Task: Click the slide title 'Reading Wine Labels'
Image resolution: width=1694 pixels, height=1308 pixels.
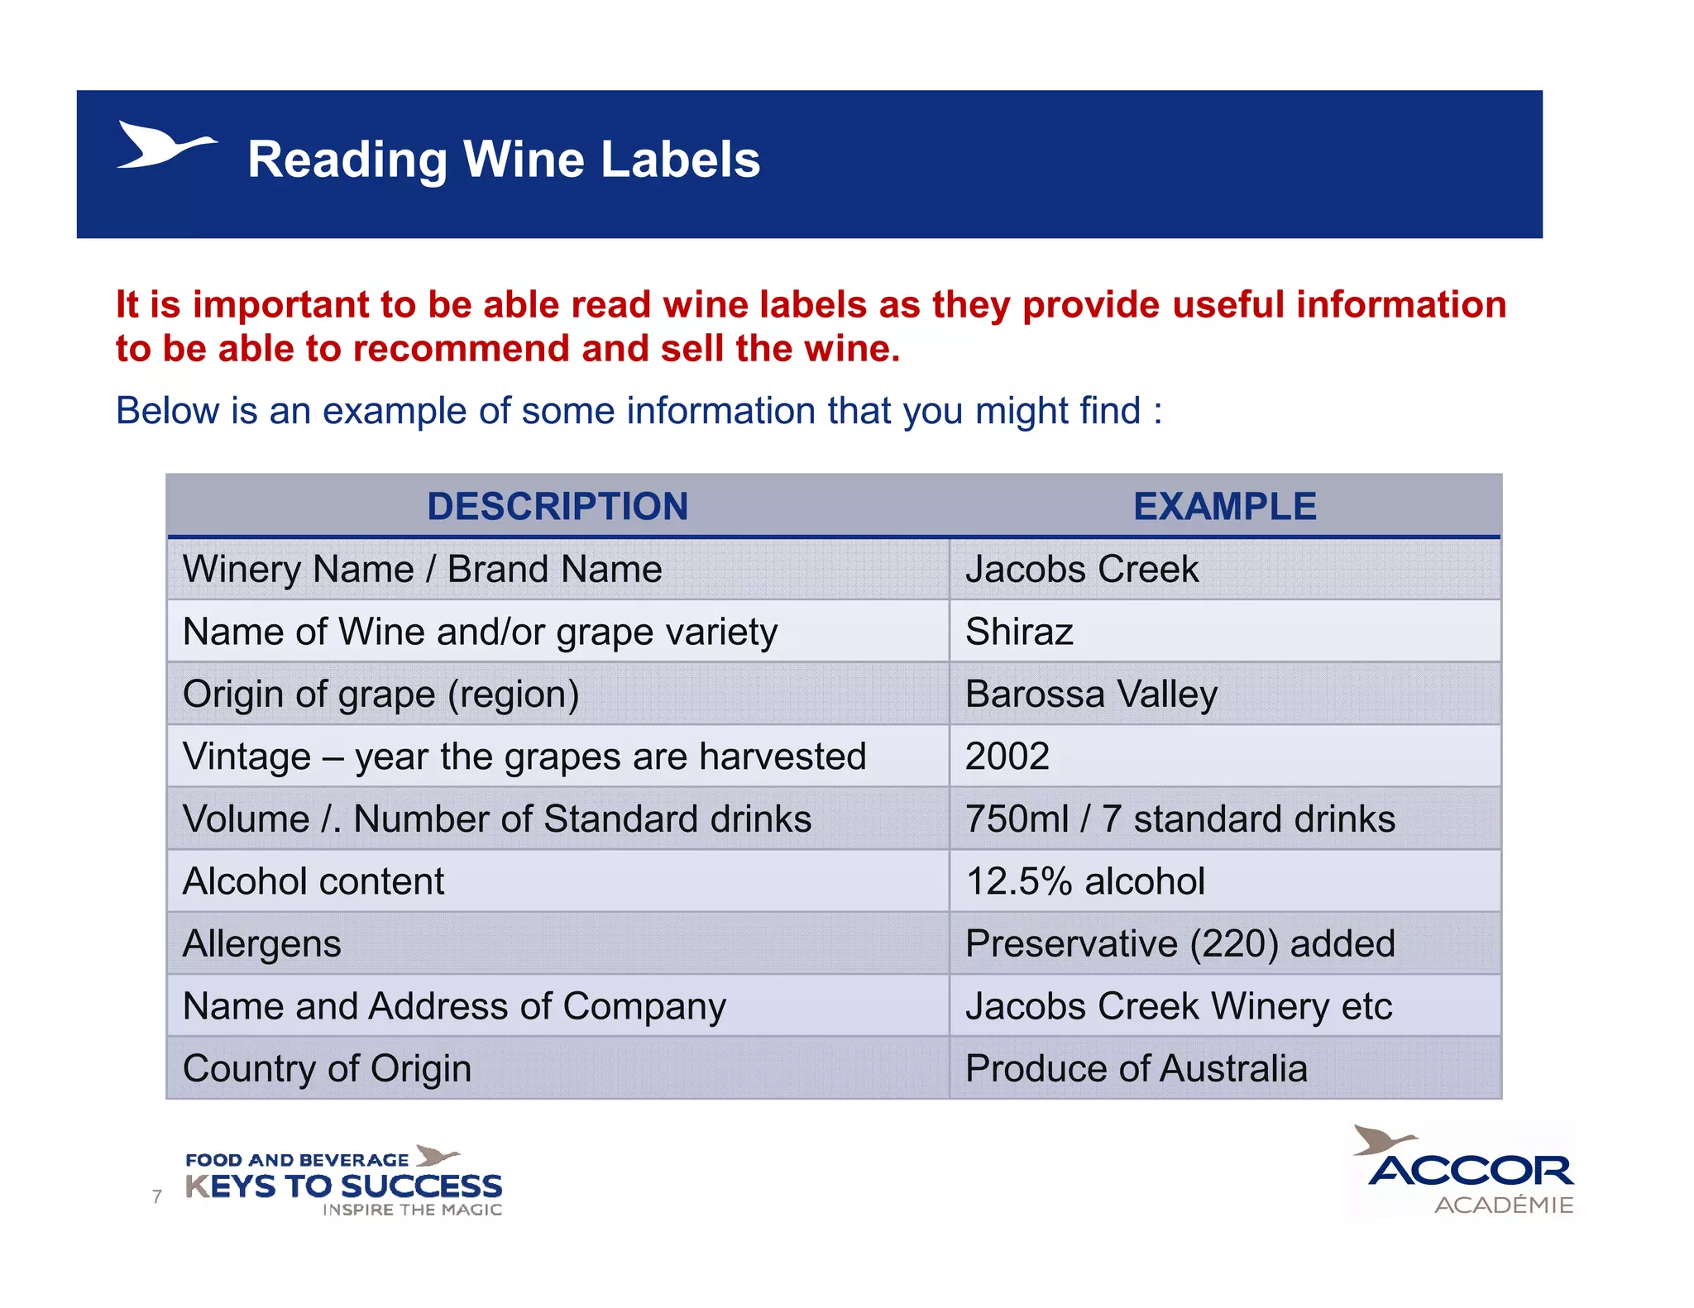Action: tap(503, 159)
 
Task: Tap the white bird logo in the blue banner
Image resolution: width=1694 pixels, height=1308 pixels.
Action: tap(165, 146)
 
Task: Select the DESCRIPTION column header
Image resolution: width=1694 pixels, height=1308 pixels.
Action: tap(557, 506)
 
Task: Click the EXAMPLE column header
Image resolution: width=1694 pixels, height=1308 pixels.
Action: tap(1224, 506)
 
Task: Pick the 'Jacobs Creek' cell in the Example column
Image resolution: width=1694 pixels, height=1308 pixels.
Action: tap(1081, 570)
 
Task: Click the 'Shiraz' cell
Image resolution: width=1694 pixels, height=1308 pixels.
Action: tap(1019, 632)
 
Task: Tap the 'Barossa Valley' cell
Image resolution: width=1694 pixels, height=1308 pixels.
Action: tap(1091, 695)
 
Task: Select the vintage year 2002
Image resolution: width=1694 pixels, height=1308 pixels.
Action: tap(1007, 757)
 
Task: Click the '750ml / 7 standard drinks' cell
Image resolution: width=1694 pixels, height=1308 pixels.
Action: tap(1180, 819)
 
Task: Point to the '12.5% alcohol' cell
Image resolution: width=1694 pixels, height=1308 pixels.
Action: tap(1084, 881)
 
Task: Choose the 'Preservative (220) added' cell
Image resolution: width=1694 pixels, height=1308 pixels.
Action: tap(1180, 944)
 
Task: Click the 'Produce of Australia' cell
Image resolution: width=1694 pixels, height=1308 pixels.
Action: tap(1136, 1068)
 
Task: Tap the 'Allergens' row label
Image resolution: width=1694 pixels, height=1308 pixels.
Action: tap(261, 944)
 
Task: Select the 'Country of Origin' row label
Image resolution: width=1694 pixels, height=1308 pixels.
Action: tap(327, 1068)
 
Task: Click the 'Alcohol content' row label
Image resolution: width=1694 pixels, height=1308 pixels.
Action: tap(313, 881)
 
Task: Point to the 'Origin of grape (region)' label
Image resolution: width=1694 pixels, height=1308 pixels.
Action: tap(380, 695)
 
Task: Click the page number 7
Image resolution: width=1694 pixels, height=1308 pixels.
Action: tap(157, 1196)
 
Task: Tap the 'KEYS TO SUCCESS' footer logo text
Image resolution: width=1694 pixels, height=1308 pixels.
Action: tap(343, 1186)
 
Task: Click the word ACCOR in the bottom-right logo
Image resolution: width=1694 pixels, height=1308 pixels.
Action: tap(1471, 1171)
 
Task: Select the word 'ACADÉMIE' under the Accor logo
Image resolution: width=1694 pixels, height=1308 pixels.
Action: tap(1504, 1205)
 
